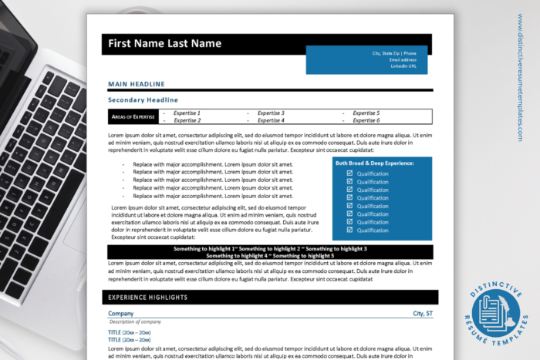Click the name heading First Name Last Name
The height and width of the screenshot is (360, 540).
[x=164, y=44]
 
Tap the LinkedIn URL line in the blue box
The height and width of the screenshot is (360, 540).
[x=403, y=66]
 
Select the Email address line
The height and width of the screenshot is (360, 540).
[x=403, y=59]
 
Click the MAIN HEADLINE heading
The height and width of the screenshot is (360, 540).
[x=136, y=83]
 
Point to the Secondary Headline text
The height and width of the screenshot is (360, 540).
[x=143, y=100]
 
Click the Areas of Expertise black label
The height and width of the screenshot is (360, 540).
[x=133, y=116]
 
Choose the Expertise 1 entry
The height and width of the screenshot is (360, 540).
[x=187, y=113]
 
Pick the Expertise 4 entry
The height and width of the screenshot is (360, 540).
[x=270, y=120]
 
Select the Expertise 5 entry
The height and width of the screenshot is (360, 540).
[x=366, y=113]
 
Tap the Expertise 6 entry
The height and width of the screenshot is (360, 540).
[x=366, y=120]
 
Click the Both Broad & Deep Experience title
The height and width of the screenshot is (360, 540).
[x=374, y=163]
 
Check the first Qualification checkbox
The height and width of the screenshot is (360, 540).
[x=349, y=173]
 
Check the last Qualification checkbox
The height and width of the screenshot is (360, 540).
[x=349, y=230]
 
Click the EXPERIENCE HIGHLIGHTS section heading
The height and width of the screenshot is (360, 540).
[x=147, y=297]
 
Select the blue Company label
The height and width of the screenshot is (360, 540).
[x=120, y=314]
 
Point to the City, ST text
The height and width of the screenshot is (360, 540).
[x=422, y=314]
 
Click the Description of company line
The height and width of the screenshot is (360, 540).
[x=134, y=321]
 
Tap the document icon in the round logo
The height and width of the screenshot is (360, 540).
[x=494, y=313]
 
